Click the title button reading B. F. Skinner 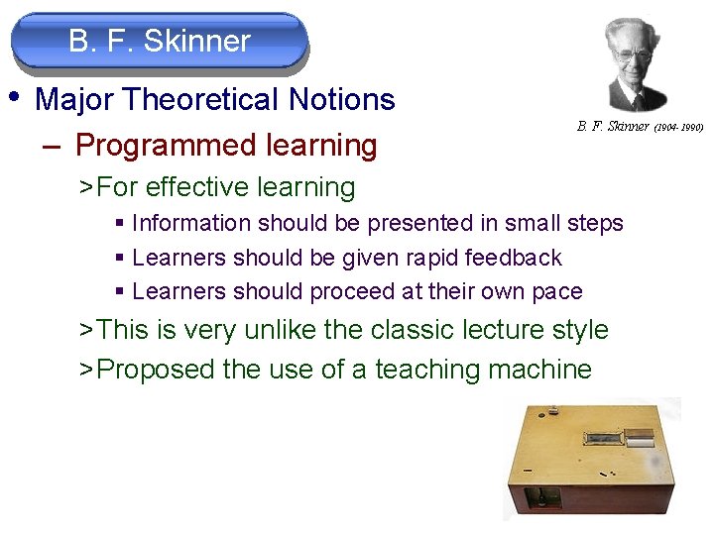(x=160, y=42)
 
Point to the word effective (x=199, y=187)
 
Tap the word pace (x=558, y=291)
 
